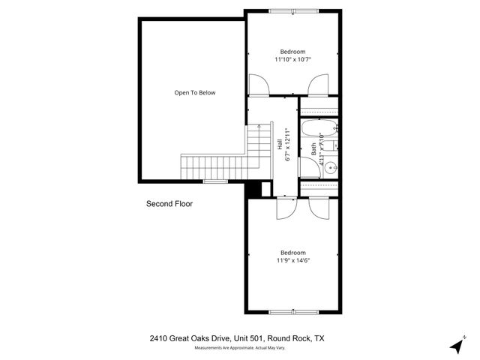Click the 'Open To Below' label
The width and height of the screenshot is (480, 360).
[195, 93]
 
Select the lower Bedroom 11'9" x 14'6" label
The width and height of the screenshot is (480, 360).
[294, 256]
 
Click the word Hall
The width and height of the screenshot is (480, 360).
[279, 146]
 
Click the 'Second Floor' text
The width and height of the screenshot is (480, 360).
[169, 203]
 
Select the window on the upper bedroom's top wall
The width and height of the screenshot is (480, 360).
[293, 10]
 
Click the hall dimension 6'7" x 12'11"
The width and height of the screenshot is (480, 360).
[289, 146]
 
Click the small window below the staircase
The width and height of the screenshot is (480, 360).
[215, 181]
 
